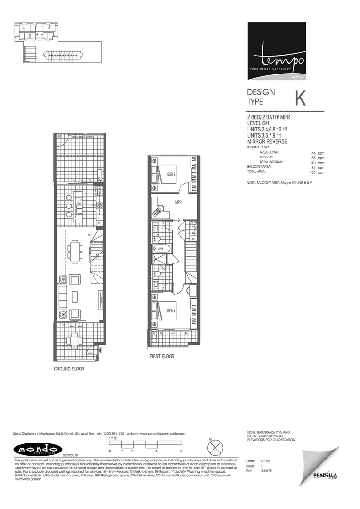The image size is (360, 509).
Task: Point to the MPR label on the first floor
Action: pos(178,203)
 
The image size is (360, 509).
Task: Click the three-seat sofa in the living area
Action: pos(62,295)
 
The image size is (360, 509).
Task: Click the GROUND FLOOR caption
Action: pos(69,369)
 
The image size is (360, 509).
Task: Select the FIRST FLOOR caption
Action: pos(162,356)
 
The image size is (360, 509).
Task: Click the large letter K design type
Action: pos(300,98)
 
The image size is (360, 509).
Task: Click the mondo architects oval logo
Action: pos(31,448)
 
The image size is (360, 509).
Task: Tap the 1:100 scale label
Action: pos(113,438)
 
